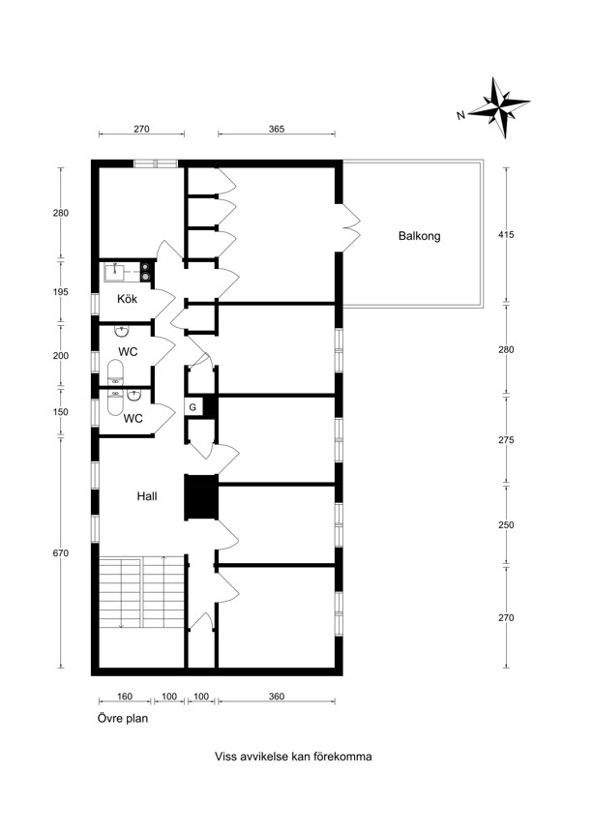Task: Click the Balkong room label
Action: click(x=419, y=236)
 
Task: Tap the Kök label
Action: click(x=128, y=299)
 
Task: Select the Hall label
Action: click(x=147, y=496)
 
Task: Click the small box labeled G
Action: click(x=193, y=407)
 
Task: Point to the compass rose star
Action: click(x=499, y=107)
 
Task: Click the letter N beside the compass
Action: click(x=460, y=115)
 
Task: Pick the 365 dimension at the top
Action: click(x=277, y=129)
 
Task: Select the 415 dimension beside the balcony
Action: click(x=507, y=234)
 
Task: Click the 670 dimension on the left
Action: click(x=61, y=553)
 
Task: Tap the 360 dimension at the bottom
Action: click(x=277, y=697)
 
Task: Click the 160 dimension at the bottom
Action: click(x=125, y=697)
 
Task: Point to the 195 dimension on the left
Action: click(x=61, y=292)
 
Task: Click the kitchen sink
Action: click(x=114, y=271)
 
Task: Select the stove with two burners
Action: click(x=147, y=271)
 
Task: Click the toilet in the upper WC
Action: click(x=115, y=372)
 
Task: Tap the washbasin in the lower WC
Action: click(x=133, y=396)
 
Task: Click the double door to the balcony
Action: click(x=350, y=228)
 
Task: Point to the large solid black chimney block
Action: click(x=201, y=497)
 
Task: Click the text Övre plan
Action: click(x=123, y=719)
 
